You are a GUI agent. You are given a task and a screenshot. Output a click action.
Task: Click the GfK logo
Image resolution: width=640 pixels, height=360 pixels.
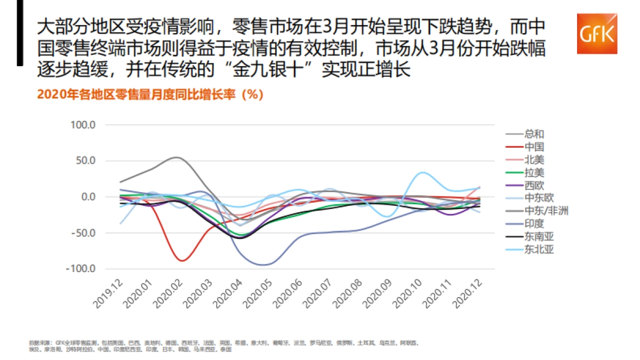pos(597,34)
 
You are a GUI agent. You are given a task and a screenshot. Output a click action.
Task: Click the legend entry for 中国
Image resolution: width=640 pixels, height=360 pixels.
pos(534,147)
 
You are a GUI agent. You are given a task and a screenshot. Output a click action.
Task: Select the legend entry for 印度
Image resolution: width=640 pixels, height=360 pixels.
pos(534,223)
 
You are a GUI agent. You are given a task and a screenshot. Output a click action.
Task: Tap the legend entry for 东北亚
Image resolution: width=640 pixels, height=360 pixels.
pos(539,249)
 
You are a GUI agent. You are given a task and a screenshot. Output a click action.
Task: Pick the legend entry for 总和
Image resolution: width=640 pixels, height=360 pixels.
pos(534,134)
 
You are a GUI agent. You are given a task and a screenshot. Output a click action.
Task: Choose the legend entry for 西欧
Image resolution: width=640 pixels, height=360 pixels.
pos(534,185)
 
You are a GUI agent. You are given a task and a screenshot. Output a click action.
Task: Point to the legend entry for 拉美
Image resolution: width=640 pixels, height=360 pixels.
pos(534,172)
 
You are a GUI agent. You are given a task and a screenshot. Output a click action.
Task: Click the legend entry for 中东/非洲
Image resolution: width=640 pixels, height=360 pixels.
pos(546,211)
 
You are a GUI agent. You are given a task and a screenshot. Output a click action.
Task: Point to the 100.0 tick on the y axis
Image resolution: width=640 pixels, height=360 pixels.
pos(83,125)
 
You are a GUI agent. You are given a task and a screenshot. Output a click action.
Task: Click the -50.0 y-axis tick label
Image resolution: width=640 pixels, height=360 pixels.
pos(83,233)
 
